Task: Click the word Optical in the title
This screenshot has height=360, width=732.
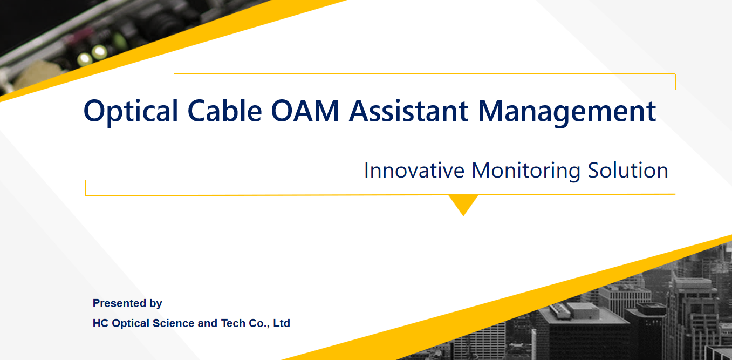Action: pos(131,111)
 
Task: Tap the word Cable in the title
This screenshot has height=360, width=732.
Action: pos(225,111)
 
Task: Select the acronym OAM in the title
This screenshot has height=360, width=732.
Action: pos(305,111)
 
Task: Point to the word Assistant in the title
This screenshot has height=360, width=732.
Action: pos(409,111)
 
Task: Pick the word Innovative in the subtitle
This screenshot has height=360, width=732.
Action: pos(414,171)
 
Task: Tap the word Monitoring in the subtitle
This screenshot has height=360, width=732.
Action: pos(526,171)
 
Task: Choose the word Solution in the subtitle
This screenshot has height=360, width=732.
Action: pos(628,171)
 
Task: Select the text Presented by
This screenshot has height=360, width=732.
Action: pos(127,303)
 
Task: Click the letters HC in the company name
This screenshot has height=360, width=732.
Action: pos(100,323)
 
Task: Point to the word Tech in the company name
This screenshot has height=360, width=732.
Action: pos(233,323)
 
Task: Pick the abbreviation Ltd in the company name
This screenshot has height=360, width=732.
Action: pos(282,323)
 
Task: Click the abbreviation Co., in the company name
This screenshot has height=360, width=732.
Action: pos(259,323)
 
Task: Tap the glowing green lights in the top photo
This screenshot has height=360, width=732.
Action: pos(92,55)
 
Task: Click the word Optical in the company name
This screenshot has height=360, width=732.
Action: pos(131,323)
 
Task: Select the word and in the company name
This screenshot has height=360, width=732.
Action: pos(208,323)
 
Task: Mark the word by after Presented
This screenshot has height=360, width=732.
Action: pos(156,304)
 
